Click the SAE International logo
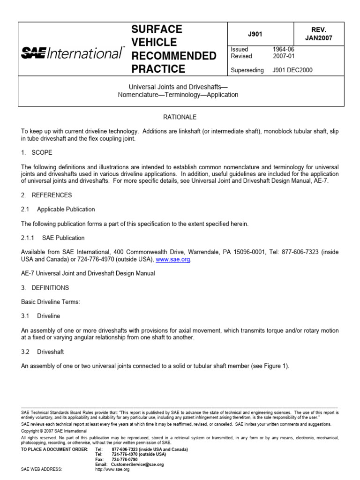click(73, 54)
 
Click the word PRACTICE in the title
click(158, 69)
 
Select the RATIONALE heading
click(180, 117)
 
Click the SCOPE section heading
click(42, 153)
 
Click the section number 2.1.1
click(29, 238)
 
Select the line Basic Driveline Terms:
click(51, 302)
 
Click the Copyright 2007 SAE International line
click(54, 431)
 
